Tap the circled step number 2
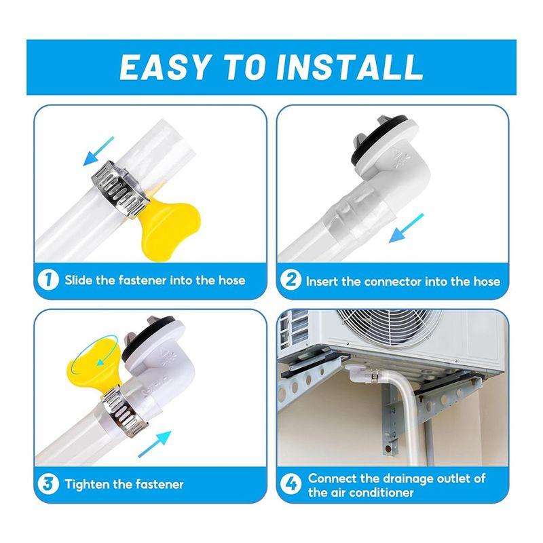(x=292, y=280)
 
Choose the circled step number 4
(x=292, y=485)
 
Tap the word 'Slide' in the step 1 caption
(x=80, y=280)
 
